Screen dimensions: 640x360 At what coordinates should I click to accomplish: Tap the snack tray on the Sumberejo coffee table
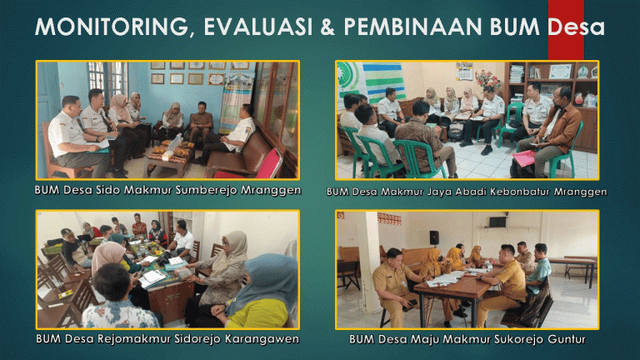172,149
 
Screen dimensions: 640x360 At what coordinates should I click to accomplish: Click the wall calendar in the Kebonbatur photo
464,71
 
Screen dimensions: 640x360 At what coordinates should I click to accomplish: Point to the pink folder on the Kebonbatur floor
523,158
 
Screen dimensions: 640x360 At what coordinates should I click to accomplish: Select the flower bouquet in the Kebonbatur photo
487,80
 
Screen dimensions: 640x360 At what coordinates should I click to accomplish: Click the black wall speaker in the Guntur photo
434,237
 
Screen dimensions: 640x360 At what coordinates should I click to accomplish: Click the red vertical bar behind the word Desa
566,29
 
